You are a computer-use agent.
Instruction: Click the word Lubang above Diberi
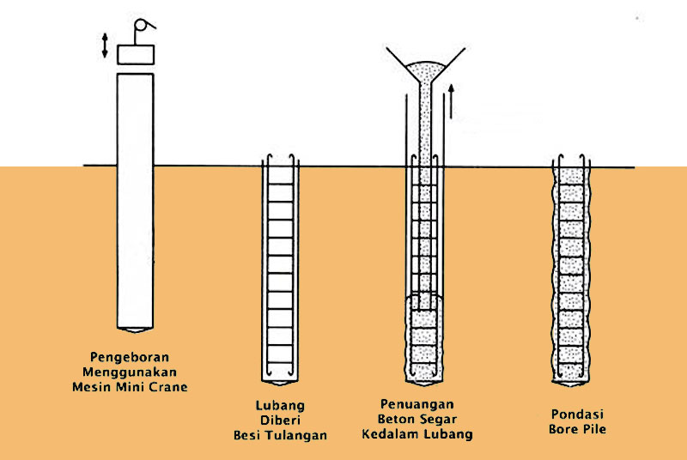tap(280, 404)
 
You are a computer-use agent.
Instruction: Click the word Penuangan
tap(418, 403)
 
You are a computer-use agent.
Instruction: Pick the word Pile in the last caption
tap(593, 428)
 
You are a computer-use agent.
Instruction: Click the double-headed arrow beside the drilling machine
tap(105, 45)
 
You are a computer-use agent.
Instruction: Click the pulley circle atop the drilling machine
tap(141, 27)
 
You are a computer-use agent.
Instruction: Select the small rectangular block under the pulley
tap(135, 55)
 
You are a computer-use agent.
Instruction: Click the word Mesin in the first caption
tap(91, 387)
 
